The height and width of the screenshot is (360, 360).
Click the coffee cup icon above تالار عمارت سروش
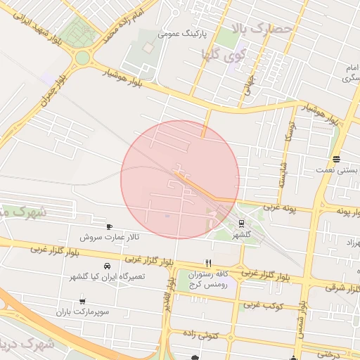pyautogui.click(x=109, y=226)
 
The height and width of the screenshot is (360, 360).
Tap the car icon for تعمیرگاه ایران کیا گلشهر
pyautogui.click(x=107, y=266)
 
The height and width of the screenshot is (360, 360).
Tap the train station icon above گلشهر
pyautogui.click(x=241, y=223)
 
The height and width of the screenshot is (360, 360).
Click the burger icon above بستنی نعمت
pyautogui.click(x=336, y=159)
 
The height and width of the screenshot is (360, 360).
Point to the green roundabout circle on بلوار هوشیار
pyautogui.click(x=83, y=57)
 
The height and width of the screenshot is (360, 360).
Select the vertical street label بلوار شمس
pyautogui.click(x=302, y=319)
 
